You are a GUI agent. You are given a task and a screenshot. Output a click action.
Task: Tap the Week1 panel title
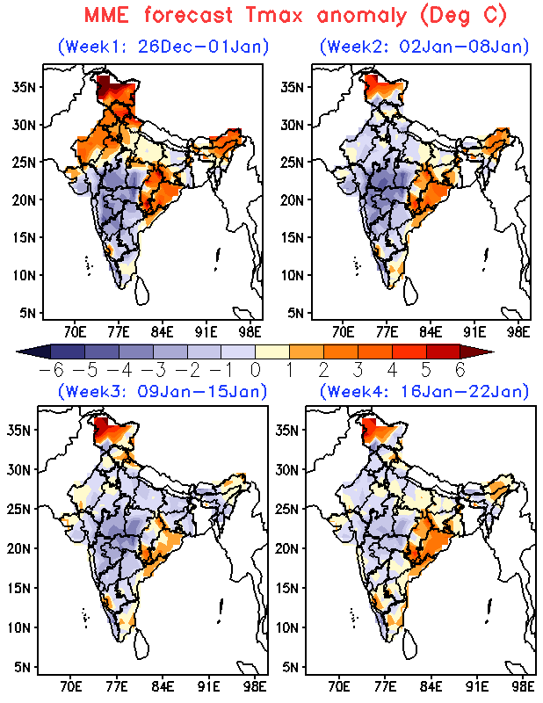163,46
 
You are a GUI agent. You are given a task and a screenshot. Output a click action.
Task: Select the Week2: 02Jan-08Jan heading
424,46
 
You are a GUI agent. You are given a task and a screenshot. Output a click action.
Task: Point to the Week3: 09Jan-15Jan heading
163,391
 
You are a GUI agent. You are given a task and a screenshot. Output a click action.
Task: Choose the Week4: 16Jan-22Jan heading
424,391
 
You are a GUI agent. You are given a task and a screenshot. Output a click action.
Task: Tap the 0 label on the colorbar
256,369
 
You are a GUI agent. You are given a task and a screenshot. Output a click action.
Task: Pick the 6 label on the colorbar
459,369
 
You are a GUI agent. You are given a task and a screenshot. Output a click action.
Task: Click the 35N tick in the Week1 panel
25,86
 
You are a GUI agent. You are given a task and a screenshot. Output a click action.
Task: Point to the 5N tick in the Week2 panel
295,312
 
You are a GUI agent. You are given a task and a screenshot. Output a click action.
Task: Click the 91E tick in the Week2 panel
475,332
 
